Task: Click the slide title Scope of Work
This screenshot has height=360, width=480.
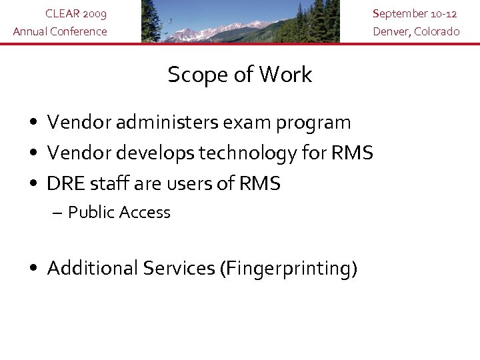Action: [239, 75]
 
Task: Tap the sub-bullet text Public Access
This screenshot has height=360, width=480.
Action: [119, 213]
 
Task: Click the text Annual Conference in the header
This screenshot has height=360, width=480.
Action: [60, 31]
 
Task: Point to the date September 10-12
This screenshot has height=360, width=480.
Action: [415, 13]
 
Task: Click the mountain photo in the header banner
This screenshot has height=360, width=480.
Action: [240, 21]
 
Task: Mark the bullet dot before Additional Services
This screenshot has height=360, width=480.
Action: [33, 269]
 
